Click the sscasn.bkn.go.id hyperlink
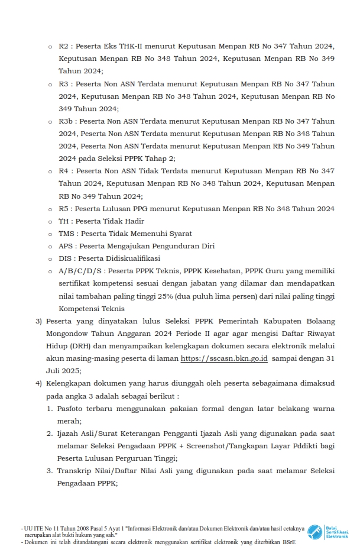pos(225,358)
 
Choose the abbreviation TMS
pos(66,234)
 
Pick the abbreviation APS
pos(66,246)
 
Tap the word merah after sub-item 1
pos(69,421)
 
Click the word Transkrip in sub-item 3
pos(75,471)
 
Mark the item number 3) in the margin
pos(39,321)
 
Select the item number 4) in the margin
pos(39,384)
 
